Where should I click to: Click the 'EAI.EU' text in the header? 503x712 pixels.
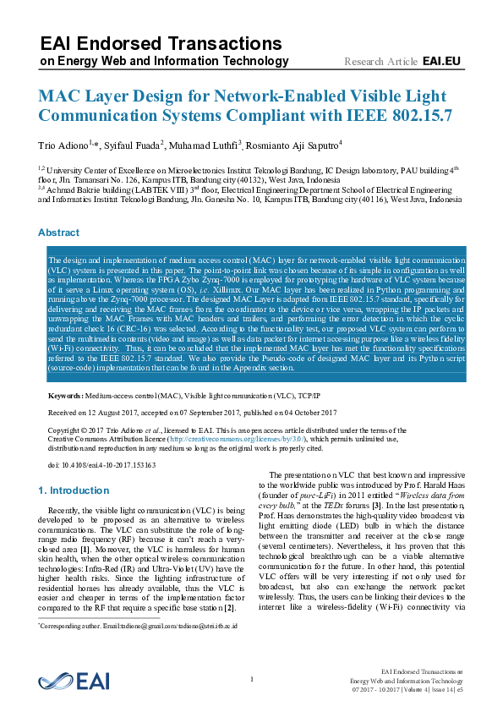click(441, 62)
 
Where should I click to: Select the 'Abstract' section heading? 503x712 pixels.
click(58, 233)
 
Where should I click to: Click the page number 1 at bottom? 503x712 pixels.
click(252, 680)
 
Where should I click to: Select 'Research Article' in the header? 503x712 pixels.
click(381, 62)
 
